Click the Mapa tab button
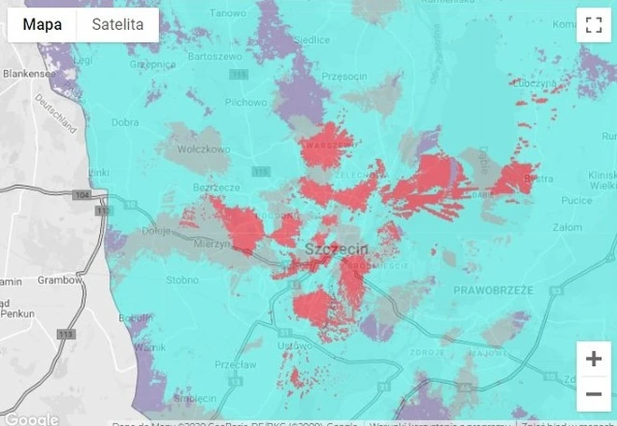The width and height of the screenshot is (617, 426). (42, 25)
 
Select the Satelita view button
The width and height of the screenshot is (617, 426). (118, 25)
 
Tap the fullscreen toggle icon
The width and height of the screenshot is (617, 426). (593, 25)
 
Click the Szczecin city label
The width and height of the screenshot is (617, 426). (337, 248)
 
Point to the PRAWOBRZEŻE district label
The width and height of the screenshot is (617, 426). (493, 291)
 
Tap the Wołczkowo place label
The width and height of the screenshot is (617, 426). (204, 148)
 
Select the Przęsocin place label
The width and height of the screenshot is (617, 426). (343, 77)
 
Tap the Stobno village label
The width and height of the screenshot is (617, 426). (181, 278)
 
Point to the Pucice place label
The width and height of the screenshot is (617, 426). (576, 201)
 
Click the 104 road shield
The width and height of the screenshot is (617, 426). (82, 194)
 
